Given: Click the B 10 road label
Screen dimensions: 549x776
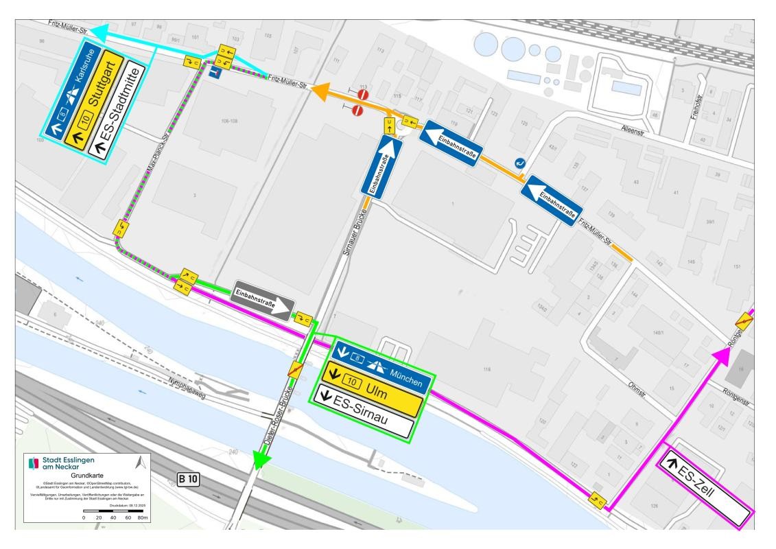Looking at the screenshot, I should (187, 480).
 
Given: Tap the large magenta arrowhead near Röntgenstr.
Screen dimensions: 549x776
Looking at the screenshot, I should (721, 355).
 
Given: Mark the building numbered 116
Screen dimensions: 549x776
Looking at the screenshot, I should (486, 369).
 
